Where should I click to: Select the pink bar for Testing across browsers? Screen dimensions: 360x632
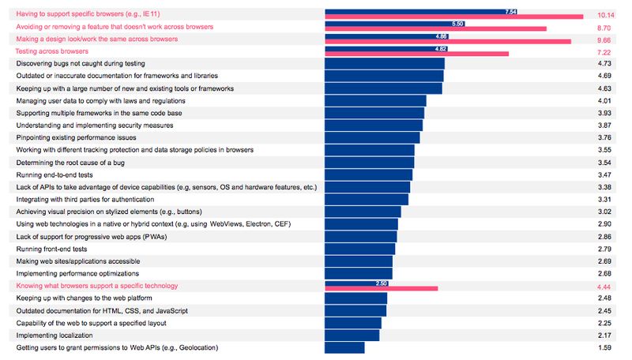pyautogui.click(x=416, y=54)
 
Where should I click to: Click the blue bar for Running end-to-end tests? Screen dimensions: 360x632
pyautogui.click(x=368, y=174)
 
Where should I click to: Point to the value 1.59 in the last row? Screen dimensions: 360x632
pyautogui.click(x=605, y=347)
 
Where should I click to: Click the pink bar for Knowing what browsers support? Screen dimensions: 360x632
pyautogui.click(x=381, y=288)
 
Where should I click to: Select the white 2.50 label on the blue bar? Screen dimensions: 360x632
pyautogui.click(x=382, y=283)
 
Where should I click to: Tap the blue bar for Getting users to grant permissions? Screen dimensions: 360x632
pyautogui.click(x=344, y=347)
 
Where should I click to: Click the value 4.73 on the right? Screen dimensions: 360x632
pyautogui.click(x=605, y=63)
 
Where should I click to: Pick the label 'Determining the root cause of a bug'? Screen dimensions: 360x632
pyautogui.click(x=70, y=162)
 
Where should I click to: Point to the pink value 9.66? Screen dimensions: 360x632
pyautogui.click(x=605, y=39)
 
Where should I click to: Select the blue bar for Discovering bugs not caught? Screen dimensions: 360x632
pyautogui.click(x=385, y=63)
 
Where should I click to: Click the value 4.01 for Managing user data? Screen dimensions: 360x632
pyautogui.click(x=605, y=100)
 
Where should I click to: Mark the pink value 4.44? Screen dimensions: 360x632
pyautogui.click(x=605, y=286)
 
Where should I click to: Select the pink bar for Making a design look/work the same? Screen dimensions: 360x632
pyautogui.click(x=447, y=42)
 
